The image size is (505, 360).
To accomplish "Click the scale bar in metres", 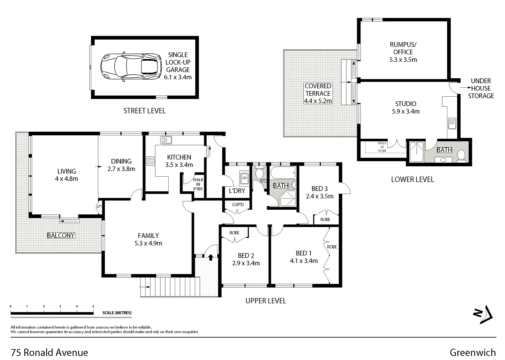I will click(x=52, y=313).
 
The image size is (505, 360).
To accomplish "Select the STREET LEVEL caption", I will click(x=144, y=111).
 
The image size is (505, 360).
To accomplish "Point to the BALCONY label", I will click(x=61, y=235).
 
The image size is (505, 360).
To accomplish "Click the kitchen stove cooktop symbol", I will click(x=150, y=161).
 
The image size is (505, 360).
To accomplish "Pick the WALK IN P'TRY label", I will click(x=198, y=184).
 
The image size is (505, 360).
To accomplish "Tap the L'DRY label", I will click(x=237, y=191).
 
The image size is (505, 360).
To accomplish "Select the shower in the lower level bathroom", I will click(x=416, y=152).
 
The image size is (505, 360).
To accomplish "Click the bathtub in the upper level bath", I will click(x=282, y=173).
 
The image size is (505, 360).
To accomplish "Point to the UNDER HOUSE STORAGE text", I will click(x=481, y=88).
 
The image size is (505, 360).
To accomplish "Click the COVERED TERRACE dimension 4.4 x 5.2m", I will click(x=318, y=101).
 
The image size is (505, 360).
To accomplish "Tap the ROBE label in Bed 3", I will click(x=325, y=219).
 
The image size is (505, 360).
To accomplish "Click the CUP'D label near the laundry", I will click(x=238, y=204).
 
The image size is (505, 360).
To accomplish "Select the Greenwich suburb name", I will click(x=472, y=352).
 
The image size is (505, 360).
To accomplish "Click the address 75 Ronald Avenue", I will click(x=50, y=352).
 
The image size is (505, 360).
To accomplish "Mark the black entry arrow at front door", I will click(x=211, y=257).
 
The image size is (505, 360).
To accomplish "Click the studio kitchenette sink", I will click(x=452, y=123).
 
